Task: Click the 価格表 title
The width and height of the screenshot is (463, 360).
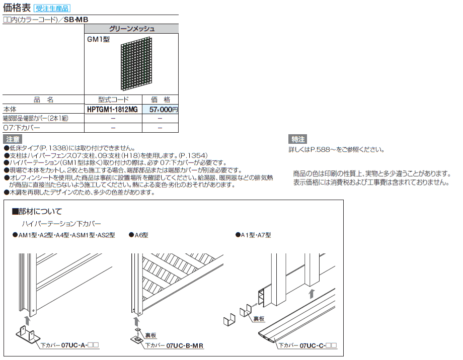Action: (x=17, y=8)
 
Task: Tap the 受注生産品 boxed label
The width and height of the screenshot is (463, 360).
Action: (x=52, y=9)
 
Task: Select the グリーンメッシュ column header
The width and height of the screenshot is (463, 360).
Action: (x=131, y=29)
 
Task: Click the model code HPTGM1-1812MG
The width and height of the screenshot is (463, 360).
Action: (x=112, y=109)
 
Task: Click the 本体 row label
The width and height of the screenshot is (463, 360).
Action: (x=10, y=109)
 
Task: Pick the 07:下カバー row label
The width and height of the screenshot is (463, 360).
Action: (x=21, y=128)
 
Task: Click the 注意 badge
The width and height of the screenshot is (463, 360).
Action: (x=13, y=139)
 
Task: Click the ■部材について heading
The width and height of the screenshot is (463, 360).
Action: (x=37, y=212)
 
